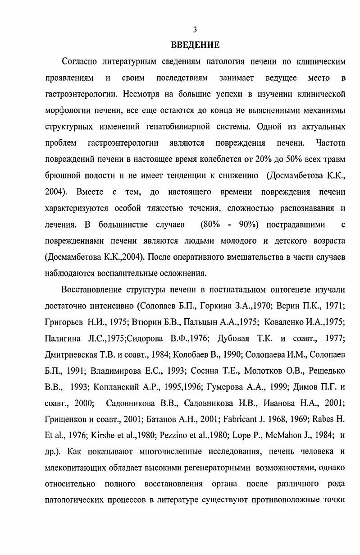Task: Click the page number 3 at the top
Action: pos(195,30)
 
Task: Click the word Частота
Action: pos(331,143)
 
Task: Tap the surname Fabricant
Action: pos(242,419)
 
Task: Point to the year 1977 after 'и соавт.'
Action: pos(336,338)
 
